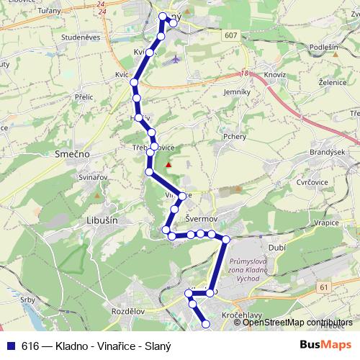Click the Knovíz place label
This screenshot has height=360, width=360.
click(274, 74)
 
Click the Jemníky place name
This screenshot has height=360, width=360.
click(237, 92)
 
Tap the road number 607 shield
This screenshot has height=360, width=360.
click(230, 35)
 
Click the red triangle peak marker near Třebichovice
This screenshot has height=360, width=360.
click(169, 164)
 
